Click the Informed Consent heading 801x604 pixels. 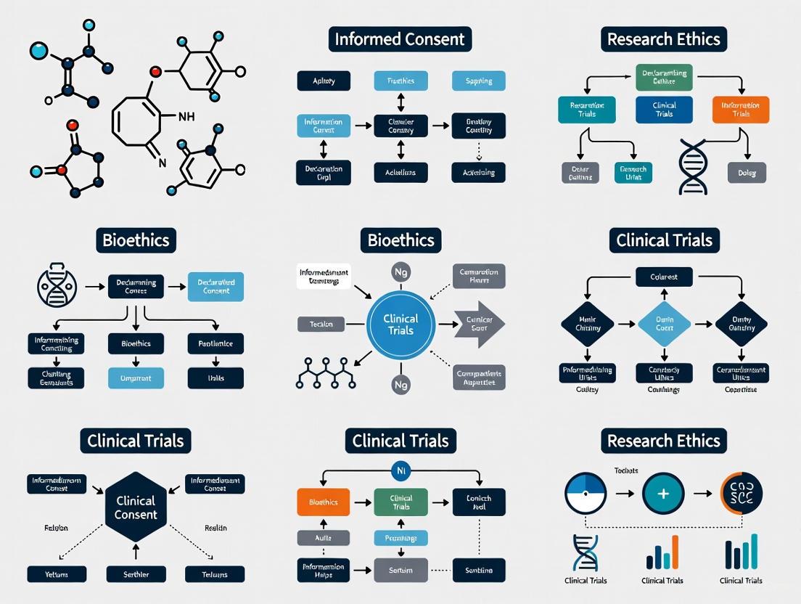tap(400, 38)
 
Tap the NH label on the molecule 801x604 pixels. tap(186, 116)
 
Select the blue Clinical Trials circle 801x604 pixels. tap(400, 325)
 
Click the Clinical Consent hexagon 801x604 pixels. tap(136, 507)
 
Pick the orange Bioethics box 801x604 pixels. tap(323, 502)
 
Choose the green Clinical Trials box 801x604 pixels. tap(401, 502)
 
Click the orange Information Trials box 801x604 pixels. tap(741, 109)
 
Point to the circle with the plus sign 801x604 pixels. tap(663, 494)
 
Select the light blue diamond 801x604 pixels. tap(664, 324)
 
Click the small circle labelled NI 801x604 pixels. tap(400, 471)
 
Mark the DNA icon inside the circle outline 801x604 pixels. tap(57, 287)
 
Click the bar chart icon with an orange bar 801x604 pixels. tap(662, 553)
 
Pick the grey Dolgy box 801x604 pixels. tap(747, 173)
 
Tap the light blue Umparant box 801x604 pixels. tap(136, 377)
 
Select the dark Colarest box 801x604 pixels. tap(664, 277)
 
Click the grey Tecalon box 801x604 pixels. tap(321, 324)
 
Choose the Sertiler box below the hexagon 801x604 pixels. tap(136, 574)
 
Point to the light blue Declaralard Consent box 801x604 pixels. tap(215, 287)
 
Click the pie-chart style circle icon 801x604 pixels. tap(585, 494)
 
